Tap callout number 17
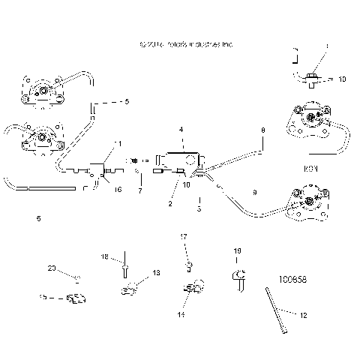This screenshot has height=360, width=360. tap(183, 237)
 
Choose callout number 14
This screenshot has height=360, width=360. tap(181, 316)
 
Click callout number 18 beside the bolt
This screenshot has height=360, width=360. tap(106, 256)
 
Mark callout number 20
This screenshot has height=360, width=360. tap(52, 268)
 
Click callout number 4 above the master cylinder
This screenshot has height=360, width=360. tap(180, 130)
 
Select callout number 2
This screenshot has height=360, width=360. tap(170, 203)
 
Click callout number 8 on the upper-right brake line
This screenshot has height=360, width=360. tap(262, 130)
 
